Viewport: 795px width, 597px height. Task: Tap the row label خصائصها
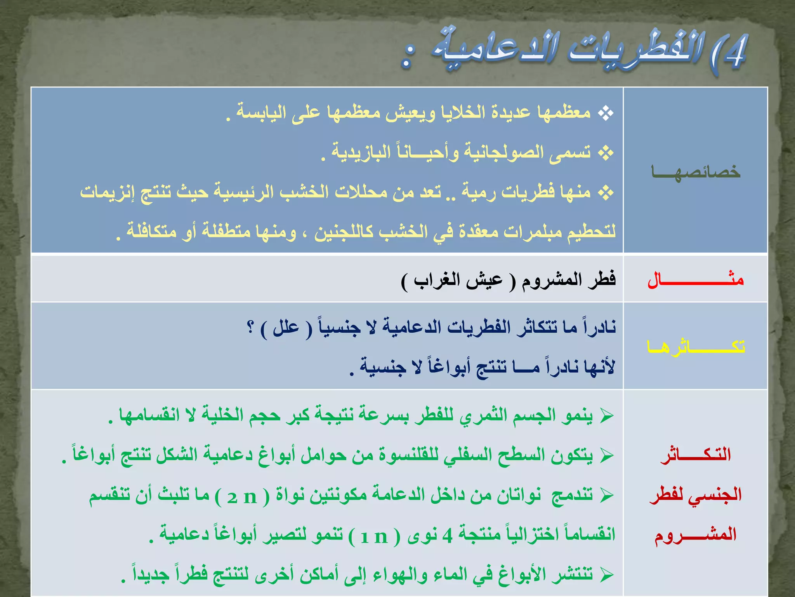(x=696, y=172)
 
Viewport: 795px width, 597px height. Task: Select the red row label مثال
(x=696, y=280)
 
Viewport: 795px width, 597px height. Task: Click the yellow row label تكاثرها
(x=696, y=346)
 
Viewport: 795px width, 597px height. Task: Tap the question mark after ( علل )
(x=251, y=326)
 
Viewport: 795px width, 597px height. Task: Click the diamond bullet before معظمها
(x=606, y=113)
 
